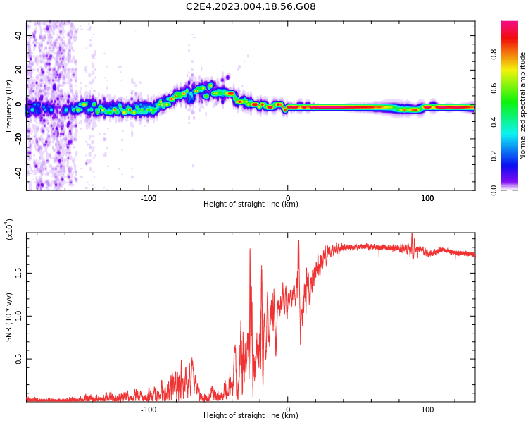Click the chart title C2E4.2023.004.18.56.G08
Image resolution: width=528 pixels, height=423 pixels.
coord(251,6)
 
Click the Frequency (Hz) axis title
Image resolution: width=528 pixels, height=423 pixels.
coord(8,106)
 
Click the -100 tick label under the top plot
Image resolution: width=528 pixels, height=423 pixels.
coord(148,198)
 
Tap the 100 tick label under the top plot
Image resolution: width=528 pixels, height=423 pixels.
coord(427,198)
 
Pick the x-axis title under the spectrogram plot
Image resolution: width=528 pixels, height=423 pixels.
coord(251,204)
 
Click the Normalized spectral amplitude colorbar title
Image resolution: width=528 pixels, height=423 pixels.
coord(523,106)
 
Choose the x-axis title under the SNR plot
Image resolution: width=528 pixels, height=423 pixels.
coord(251,416)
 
